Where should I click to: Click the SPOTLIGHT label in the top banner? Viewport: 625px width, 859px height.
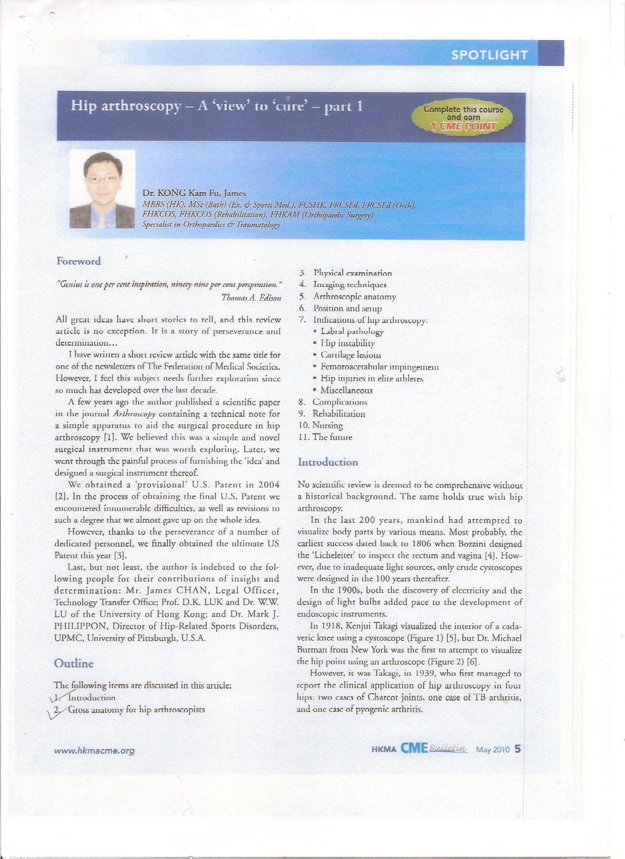489,55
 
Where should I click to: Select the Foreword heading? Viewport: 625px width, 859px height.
79,261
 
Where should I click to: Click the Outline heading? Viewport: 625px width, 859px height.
74,663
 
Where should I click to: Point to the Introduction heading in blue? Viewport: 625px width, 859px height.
328,462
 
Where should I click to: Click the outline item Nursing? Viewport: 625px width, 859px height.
328,426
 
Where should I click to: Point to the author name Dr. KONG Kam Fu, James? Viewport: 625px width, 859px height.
194,194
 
